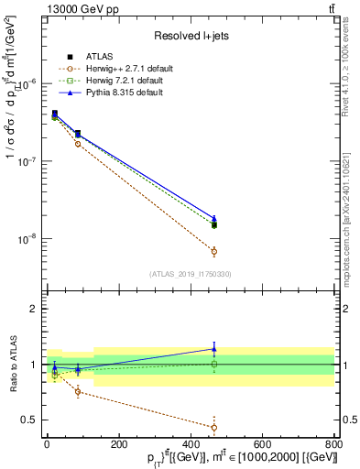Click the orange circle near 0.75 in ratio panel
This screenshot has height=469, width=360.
click(x=78, y=392)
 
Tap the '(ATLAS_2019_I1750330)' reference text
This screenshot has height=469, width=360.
click(x=190, y=274)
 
